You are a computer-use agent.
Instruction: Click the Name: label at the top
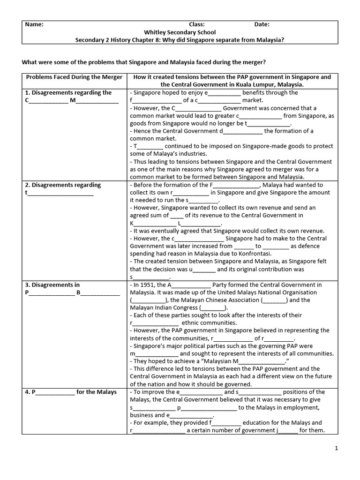34,25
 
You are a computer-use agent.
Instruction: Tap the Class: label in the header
196,25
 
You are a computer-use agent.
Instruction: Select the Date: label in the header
262,25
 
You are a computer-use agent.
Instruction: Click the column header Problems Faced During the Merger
74,77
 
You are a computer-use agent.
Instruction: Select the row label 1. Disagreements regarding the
68,92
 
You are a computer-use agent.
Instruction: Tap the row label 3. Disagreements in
52,285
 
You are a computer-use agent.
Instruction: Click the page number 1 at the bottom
337,448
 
